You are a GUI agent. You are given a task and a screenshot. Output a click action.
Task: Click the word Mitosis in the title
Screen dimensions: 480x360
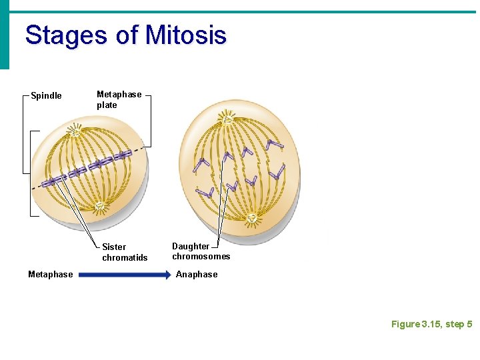186,35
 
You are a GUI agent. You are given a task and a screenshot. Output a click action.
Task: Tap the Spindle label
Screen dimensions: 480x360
47,96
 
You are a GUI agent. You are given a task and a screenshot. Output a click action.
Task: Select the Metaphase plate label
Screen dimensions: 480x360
119,99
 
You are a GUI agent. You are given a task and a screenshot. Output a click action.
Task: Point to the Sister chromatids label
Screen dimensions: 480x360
125,252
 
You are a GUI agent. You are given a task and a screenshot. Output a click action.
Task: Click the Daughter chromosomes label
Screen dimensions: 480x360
201,251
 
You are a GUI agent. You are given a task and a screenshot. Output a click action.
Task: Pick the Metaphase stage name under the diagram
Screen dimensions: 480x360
51,274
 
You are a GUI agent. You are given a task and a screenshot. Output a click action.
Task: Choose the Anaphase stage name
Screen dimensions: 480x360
197,274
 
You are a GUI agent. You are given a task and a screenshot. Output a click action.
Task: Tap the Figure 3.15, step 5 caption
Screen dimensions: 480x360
431,324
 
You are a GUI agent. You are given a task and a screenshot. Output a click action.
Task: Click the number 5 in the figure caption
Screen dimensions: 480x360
469,324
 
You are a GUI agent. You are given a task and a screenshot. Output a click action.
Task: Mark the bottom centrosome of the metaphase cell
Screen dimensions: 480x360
99,206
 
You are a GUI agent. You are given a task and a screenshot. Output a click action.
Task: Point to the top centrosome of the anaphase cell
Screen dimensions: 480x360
229,120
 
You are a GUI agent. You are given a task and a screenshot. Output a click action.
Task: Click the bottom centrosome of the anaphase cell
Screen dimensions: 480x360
252,218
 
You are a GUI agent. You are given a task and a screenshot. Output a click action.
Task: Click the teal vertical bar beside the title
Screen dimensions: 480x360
5,35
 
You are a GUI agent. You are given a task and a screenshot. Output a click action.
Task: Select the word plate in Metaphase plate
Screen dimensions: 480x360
107,105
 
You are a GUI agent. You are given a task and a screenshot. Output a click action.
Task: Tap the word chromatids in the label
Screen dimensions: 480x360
125,257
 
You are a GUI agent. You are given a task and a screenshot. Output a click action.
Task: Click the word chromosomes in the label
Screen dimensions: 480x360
201,257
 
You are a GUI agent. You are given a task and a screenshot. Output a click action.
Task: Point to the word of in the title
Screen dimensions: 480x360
127,35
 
